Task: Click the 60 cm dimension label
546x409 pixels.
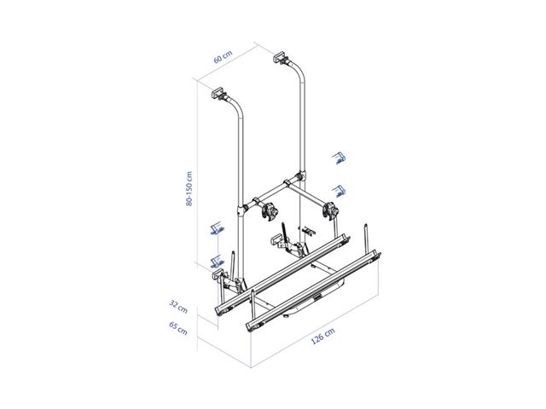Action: coord(223,57)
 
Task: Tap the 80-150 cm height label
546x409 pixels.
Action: coord(189,188)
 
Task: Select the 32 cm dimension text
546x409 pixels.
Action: coord(178,307)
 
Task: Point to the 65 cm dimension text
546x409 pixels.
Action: coord(178,328)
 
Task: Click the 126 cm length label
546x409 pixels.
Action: coord(322,336)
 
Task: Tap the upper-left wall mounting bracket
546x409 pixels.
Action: coord(218,94)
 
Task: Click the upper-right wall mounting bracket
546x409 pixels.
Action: coord(281,57)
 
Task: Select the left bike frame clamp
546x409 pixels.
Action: coord(270,211)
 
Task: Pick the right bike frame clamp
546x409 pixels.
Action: coord(330,210)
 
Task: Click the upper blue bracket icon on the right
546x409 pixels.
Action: coord(339,158)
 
